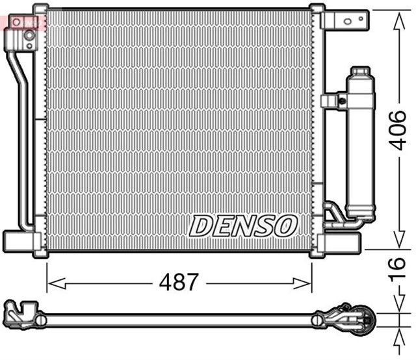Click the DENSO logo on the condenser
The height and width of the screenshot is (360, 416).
coord(243,226)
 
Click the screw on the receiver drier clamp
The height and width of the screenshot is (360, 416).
coord(341,100)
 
